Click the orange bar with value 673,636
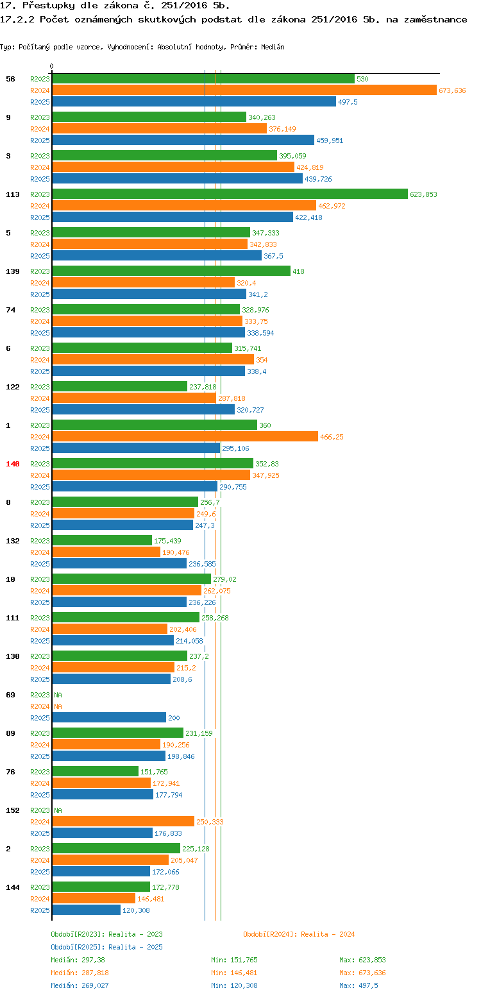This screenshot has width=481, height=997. [244, 90]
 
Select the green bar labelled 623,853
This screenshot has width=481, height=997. [230, 194]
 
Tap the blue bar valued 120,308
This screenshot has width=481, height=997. [86, 910]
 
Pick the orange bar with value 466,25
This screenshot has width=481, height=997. [185, 436]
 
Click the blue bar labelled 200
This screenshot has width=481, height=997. [109, 717]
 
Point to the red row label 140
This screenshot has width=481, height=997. [13, 464]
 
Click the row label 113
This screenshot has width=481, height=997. [13, 194]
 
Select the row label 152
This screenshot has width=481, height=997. [13, 810]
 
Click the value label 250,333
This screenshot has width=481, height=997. [210, 822]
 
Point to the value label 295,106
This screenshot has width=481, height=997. [235, 448]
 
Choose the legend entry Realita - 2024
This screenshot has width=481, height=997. [299, 934]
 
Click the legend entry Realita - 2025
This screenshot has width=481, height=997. [106, 947]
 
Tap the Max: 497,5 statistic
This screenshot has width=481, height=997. [359, 985]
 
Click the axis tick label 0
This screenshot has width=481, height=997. [52, 66]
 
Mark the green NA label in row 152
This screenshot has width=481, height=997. [58, 810]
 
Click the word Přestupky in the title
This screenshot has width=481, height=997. [45, 6]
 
